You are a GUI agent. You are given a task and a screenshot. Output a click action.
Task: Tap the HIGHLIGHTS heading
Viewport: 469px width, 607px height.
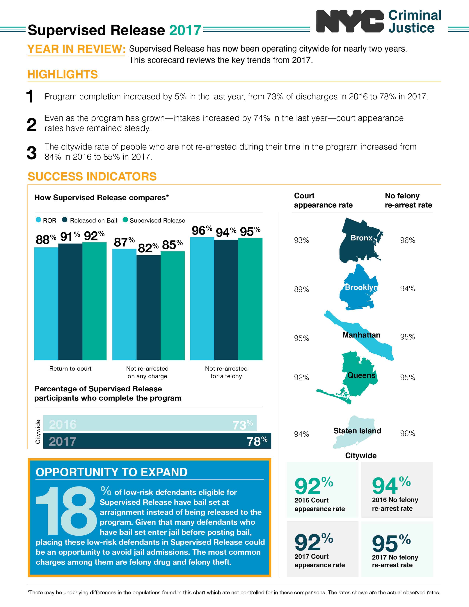pos(63,74)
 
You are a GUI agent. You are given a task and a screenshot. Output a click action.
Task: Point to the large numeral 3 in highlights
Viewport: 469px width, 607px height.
pos(31,153)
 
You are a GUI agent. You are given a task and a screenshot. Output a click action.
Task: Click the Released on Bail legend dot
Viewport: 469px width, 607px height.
pos(65,220)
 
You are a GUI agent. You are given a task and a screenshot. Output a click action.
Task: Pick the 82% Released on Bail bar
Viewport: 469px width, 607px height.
pos(148,307)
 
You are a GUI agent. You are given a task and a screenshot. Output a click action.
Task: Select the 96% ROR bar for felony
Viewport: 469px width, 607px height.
pos(202,299)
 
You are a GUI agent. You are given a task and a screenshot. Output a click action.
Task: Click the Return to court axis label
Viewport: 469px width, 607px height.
pos(70,369)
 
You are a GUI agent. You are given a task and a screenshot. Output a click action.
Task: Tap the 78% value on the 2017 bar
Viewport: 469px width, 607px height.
pos(257,441)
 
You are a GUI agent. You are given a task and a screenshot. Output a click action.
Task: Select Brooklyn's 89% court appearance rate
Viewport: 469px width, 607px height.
pos(301,289)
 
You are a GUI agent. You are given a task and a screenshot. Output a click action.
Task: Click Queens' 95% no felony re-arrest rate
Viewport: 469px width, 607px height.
pos(407,377)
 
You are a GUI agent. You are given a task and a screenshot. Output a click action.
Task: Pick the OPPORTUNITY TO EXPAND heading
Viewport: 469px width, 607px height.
pos(112,472)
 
